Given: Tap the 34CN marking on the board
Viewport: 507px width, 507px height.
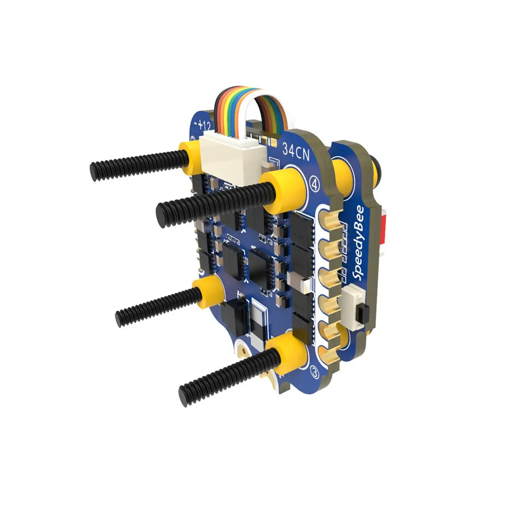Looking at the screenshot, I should (296, 151).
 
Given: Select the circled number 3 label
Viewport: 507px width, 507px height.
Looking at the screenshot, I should (315, 372).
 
